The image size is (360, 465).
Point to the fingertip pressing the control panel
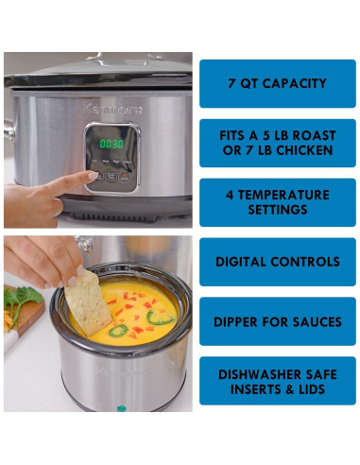click(x=92, y=176)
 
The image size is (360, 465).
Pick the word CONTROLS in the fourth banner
click(x=306, y=262)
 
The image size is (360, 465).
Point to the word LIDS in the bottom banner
click(x=319, y=389)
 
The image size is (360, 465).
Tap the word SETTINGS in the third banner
click(x=277, y=211)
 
